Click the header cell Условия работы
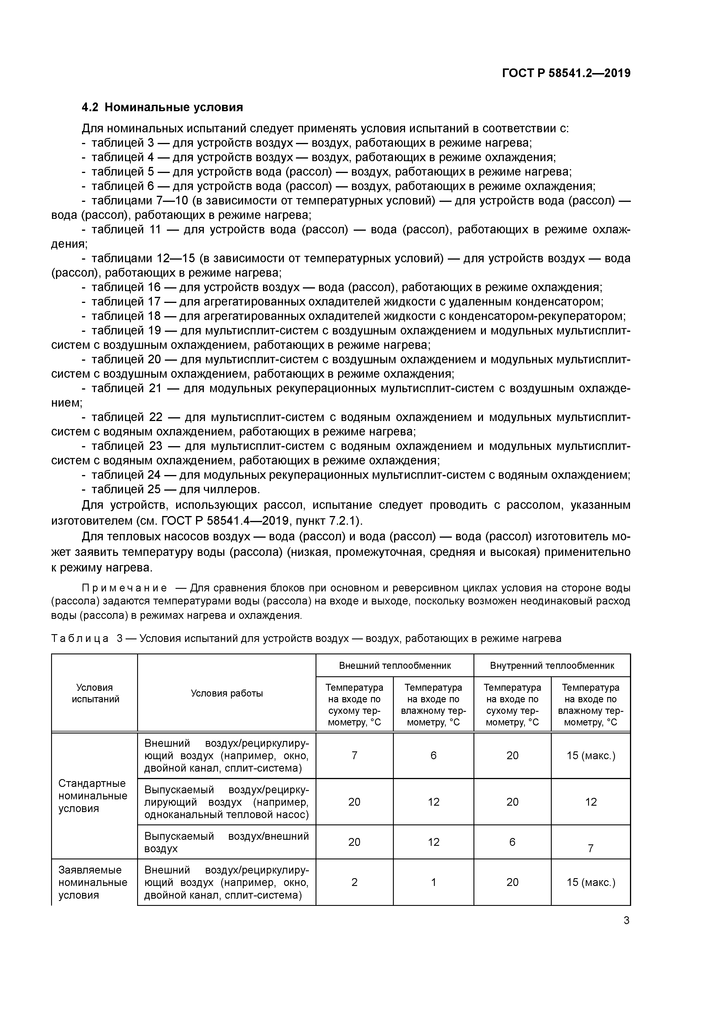coord(226,694)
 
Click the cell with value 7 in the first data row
coord(354,756)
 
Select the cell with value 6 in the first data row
coord(433,756)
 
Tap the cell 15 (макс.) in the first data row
coord(591,756)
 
